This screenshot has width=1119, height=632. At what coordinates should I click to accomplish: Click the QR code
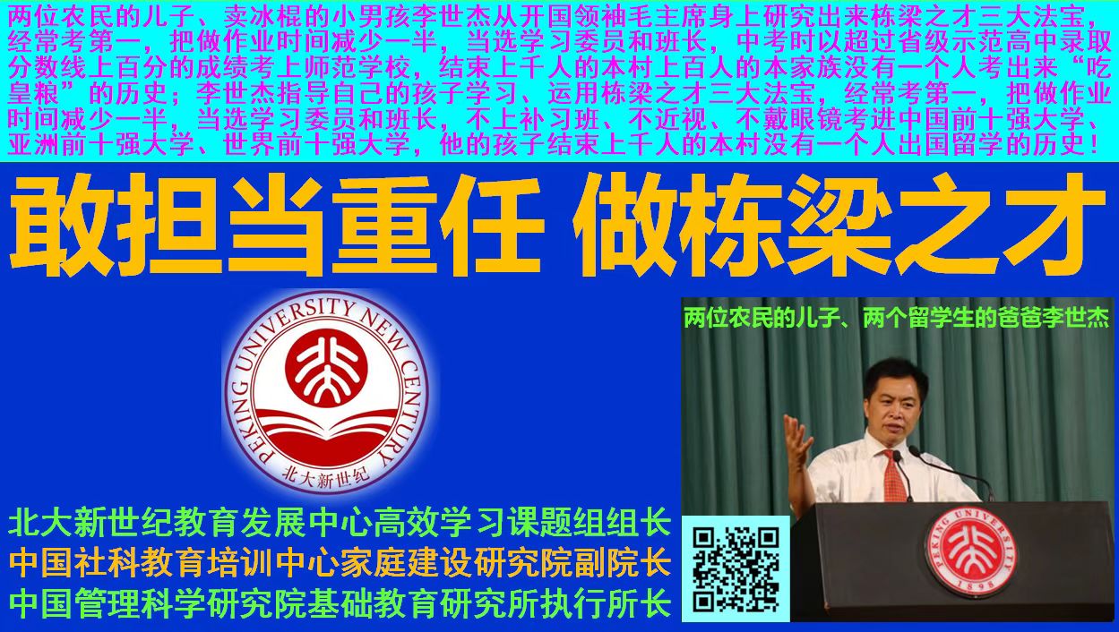736,569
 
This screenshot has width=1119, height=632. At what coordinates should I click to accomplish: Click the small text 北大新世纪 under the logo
325,475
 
